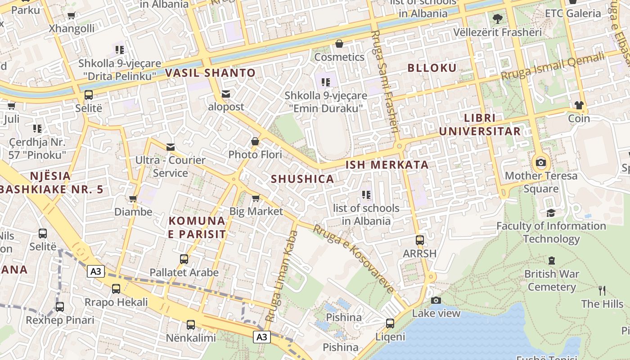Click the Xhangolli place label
(72, 28)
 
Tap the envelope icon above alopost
(226, 94)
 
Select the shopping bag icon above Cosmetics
(339, 44)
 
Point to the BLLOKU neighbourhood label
(432, 68)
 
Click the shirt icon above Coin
(579, 105)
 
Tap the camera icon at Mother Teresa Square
(541, 162)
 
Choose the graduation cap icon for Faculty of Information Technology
(551, 213)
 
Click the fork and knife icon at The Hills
(602, 290)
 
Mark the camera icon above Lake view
(436, 300)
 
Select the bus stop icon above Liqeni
(390, 323)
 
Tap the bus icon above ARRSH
(420, 240)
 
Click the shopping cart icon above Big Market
(256, 198)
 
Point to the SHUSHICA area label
(302, 179)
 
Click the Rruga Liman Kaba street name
(282, 275)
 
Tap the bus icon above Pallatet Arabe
(184, 259)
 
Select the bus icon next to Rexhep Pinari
(60, 307)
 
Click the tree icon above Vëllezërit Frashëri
(497, 19)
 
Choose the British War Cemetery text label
(552, 280)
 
